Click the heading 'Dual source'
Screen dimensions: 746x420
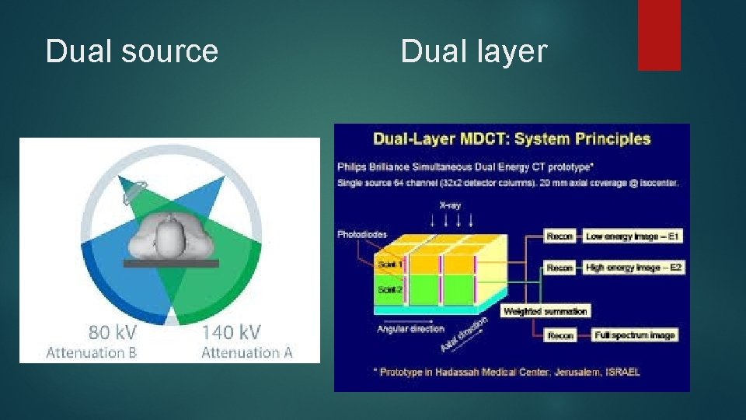point(132,51)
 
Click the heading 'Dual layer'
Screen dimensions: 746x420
point(474,51)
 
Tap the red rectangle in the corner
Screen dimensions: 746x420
point(659,34)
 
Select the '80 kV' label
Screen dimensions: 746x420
point(113,332)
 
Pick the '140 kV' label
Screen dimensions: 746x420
point(231,332)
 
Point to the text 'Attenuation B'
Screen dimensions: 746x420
point(92,352)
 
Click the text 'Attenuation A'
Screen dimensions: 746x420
point(247,352)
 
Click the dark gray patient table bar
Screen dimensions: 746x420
point(171,264)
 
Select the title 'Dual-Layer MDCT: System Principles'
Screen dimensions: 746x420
point(512,139)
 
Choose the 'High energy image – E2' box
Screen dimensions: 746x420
point(632,268)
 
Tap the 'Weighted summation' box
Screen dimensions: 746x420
point(546,311)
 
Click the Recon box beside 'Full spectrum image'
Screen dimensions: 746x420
point(560,335)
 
